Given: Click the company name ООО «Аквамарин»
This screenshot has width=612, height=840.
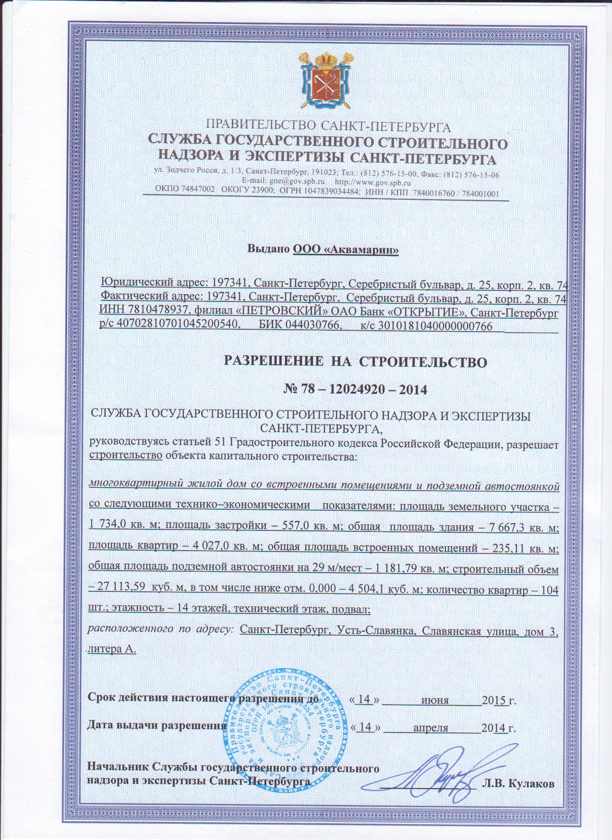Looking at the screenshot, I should coord(346,250).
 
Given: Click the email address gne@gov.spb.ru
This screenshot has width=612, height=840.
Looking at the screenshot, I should coord(288,183).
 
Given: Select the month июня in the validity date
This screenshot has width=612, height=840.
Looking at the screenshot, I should coord(434,700).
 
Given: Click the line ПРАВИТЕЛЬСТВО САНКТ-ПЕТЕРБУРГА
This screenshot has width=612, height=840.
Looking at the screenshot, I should coord(328,127).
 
